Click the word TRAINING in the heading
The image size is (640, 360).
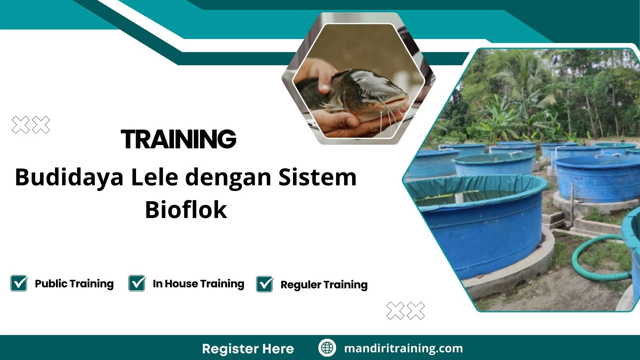tap(178, 139)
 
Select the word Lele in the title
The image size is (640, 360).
tap(154, 177)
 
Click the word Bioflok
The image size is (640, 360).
tap(186, 210)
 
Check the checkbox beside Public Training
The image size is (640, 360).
tap(19, 283)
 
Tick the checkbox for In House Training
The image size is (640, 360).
tap(137, 283)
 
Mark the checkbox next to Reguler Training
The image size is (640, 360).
tap(265, 284)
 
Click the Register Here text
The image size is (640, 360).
tap(248, 349)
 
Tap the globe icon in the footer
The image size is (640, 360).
tap(327, 348)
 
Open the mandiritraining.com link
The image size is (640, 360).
tap(403, 348)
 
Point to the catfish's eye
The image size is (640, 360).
tap(367, 92)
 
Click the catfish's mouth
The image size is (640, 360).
tap(395, 100)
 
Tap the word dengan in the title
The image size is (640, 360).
tap(228, 177)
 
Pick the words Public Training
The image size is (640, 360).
tap(74, 284)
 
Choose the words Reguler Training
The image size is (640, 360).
tap(324, 285)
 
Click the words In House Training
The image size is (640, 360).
tap(198, 284)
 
